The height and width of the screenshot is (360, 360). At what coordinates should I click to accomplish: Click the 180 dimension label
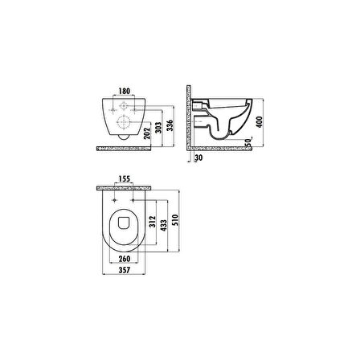pyautogui.click(x=125, y=91)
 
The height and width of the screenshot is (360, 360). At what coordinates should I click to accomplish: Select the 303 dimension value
pyautogui.click(x=158, y=129)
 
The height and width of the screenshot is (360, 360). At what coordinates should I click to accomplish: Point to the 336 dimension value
pyautogui.click(x=170, y=125)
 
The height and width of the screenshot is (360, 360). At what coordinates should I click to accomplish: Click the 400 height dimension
pyautogui.click(x=260, y=121)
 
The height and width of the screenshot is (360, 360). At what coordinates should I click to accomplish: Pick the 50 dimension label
pyautogui.click(x=248, y=141)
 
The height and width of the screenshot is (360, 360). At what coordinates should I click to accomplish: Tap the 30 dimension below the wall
pyautogui.click(x=198, y=157)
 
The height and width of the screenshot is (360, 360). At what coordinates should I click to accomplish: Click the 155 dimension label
pyautogui.click(x=125, y=178)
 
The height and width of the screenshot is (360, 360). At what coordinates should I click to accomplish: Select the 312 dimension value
pyautogui.click(x=153, y=221)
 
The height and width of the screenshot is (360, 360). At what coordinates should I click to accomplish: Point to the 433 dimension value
pyautogui.click(x=164, y=225)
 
